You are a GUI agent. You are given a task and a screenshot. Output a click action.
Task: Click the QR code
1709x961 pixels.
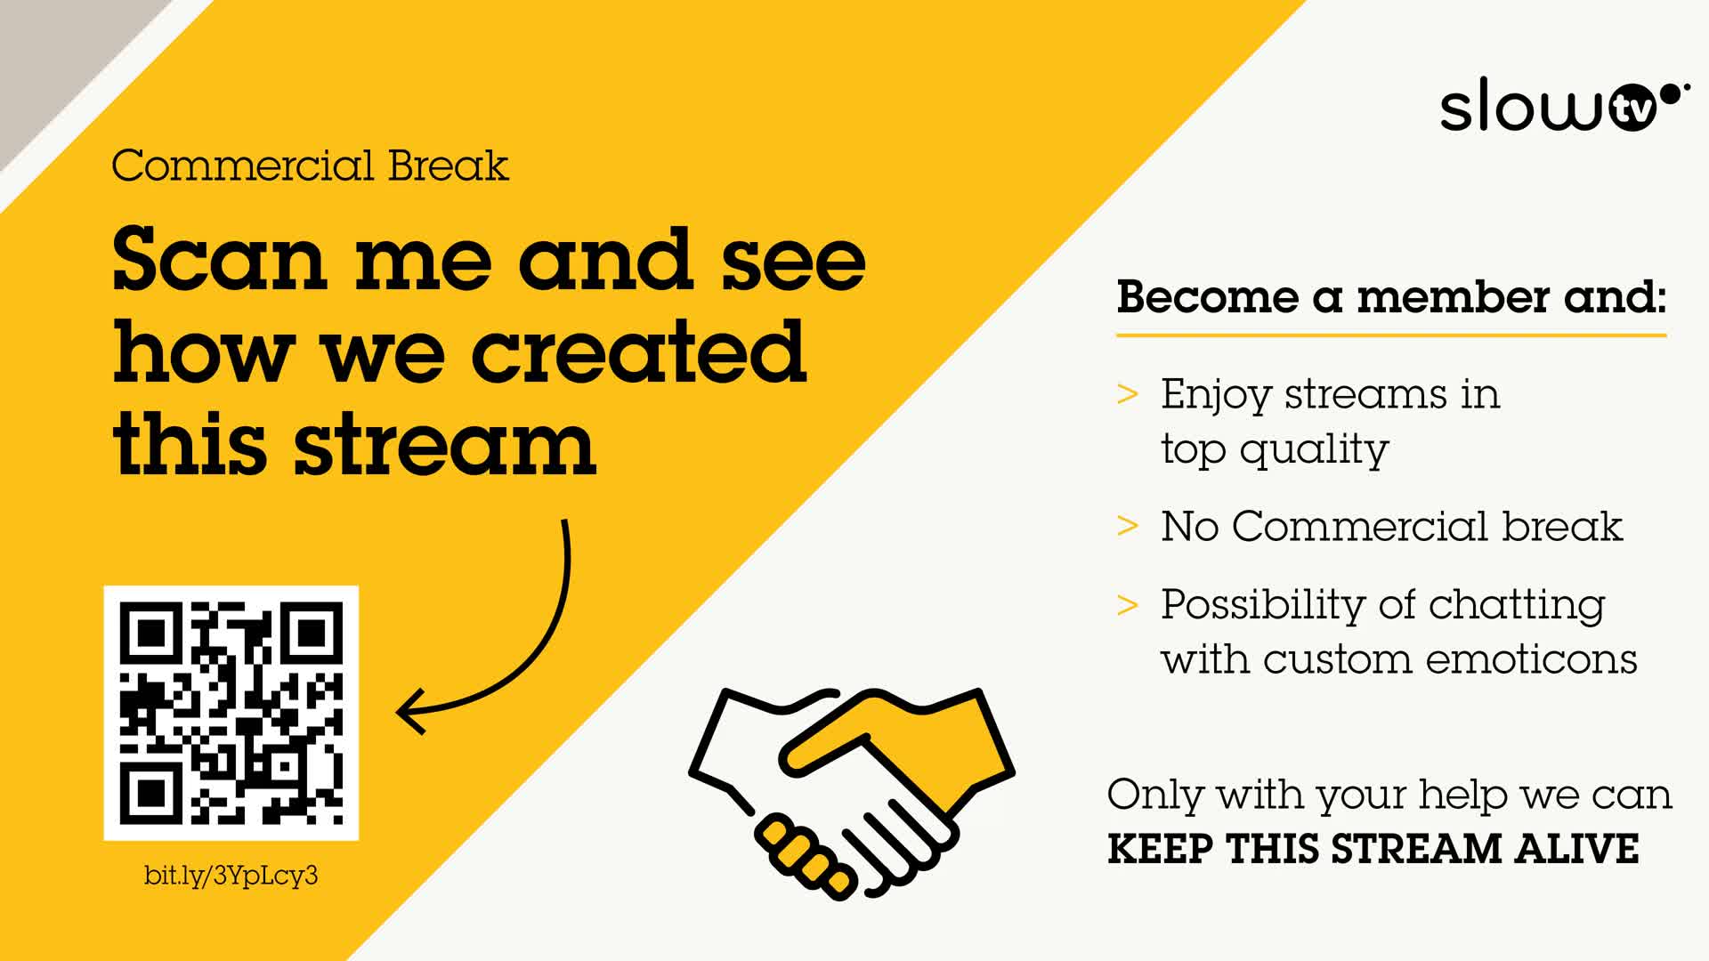click(x=231, y=713)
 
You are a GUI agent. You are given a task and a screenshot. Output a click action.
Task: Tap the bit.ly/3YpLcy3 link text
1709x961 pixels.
click(x=231, y=876)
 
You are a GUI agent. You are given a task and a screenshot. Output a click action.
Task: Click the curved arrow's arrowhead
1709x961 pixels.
click(x=411, y=712)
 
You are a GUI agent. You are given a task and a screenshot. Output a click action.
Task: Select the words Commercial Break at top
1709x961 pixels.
click(x=310, y=166)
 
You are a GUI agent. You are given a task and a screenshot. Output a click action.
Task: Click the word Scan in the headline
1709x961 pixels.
click(x=219, y=259)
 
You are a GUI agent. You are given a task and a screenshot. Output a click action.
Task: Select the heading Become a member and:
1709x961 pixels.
click(x=1391, y=296)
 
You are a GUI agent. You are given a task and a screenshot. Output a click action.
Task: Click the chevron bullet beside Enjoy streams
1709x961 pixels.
click(x=1128, y=393)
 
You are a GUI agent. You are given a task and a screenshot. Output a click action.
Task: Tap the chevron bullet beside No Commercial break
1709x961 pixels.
click(x=1128, y=526)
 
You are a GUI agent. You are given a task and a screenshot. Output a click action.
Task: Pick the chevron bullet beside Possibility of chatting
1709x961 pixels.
click(x=1128, y=604)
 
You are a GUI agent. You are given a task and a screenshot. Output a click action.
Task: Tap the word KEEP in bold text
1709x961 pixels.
click(x=1160, y=849)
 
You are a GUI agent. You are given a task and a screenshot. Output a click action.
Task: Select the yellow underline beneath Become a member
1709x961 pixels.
click(x=1391, y=335)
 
